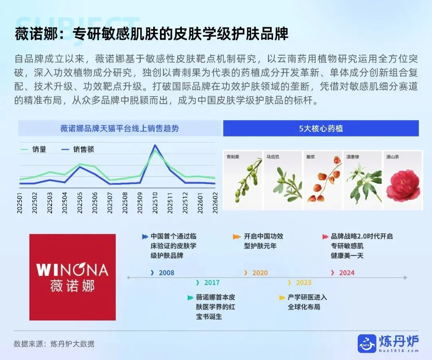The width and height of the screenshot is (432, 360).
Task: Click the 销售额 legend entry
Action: [78, 149]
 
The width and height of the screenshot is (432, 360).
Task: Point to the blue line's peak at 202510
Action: [155, 145]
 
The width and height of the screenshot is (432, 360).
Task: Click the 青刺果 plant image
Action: [243, 180]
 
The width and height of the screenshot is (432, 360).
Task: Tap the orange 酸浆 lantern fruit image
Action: [323, 180]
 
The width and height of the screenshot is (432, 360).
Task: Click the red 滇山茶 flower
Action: [403, 184]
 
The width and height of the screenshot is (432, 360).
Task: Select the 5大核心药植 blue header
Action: [321, 129]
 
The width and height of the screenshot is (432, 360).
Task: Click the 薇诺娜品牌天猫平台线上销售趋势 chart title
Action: [120, 129]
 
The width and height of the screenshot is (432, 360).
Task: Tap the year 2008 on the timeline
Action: [166, 273]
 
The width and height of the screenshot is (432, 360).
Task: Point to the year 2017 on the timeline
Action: [212, 283]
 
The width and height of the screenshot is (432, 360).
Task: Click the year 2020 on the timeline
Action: [260, 273]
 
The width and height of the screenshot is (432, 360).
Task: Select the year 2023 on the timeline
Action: [303, 283]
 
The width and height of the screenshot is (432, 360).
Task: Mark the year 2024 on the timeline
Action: [346, 273]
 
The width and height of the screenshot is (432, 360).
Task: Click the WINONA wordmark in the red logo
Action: [72, 270]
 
